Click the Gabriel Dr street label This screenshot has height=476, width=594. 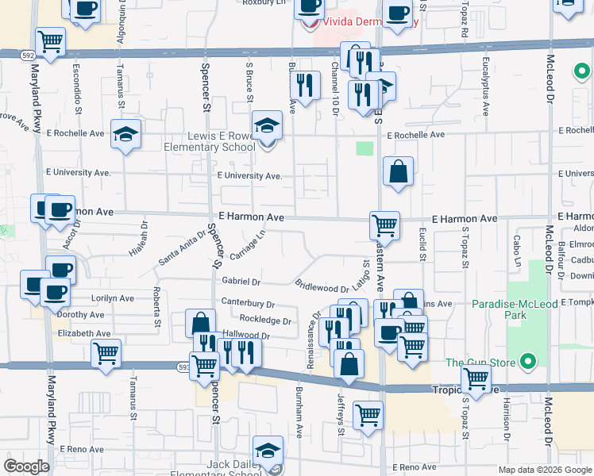[x=241, y=281]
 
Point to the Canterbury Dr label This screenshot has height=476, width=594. [x=248, y=303]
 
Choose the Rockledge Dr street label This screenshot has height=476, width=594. [x=265, y=321]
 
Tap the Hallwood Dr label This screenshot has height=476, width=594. [x=247, y=336]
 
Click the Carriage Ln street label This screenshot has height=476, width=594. [x=247, y=246]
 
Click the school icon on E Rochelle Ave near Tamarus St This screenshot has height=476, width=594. [x=125, y=133]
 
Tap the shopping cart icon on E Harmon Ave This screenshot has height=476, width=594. [x=384, y=225]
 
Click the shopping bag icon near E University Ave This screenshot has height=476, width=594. [x=398, y=171]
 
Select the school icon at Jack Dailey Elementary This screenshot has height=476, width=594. [x=268, y=450]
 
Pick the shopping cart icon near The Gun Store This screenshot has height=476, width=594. [x=475, y=378]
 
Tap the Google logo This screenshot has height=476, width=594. [x=26, y=466]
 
